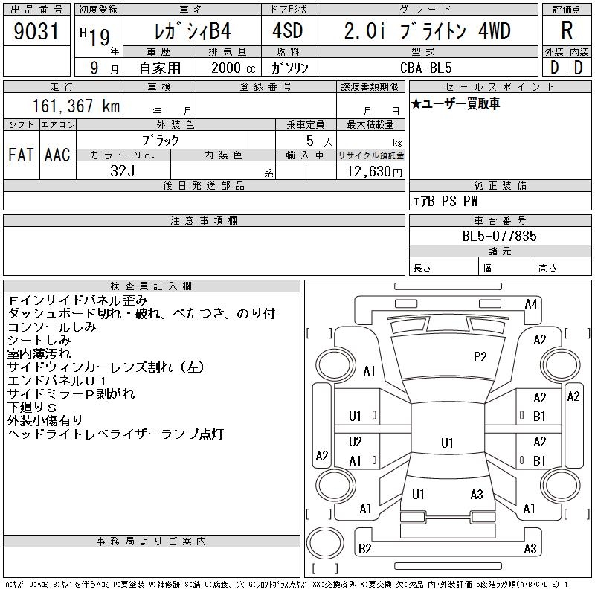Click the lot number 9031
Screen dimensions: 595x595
pos(36,31)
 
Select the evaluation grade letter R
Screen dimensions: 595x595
pos(567,30)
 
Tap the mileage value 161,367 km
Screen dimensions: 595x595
pos(76,106)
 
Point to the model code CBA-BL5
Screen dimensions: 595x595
pos(426,68)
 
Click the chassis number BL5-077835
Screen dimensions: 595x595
pos(499,236)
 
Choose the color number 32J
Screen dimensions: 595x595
pos(123,171)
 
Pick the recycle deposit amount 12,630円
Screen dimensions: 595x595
pos(375,171)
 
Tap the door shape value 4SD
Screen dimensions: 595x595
pos(288,31)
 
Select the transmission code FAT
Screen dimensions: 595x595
pos(21,155)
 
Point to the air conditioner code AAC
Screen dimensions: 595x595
pos(57,155)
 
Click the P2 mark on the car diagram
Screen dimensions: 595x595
pos(480,357)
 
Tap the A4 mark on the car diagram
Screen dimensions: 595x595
pos(531,304)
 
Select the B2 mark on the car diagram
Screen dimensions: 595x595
pos(364,548)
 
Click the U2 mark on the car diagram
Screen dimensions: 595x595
pos(356,441)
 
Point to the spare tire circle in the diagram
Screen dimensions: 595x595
pos(325,543)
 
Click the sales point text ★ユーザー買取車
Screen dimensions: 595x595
pos(455,103)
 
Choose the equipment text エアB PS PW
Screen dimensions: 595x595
pos(445,201)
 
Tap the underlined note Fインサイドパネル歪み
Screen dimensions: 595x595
pos(77,300)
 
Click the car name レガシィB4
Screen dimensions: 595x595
pos(193,31)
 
